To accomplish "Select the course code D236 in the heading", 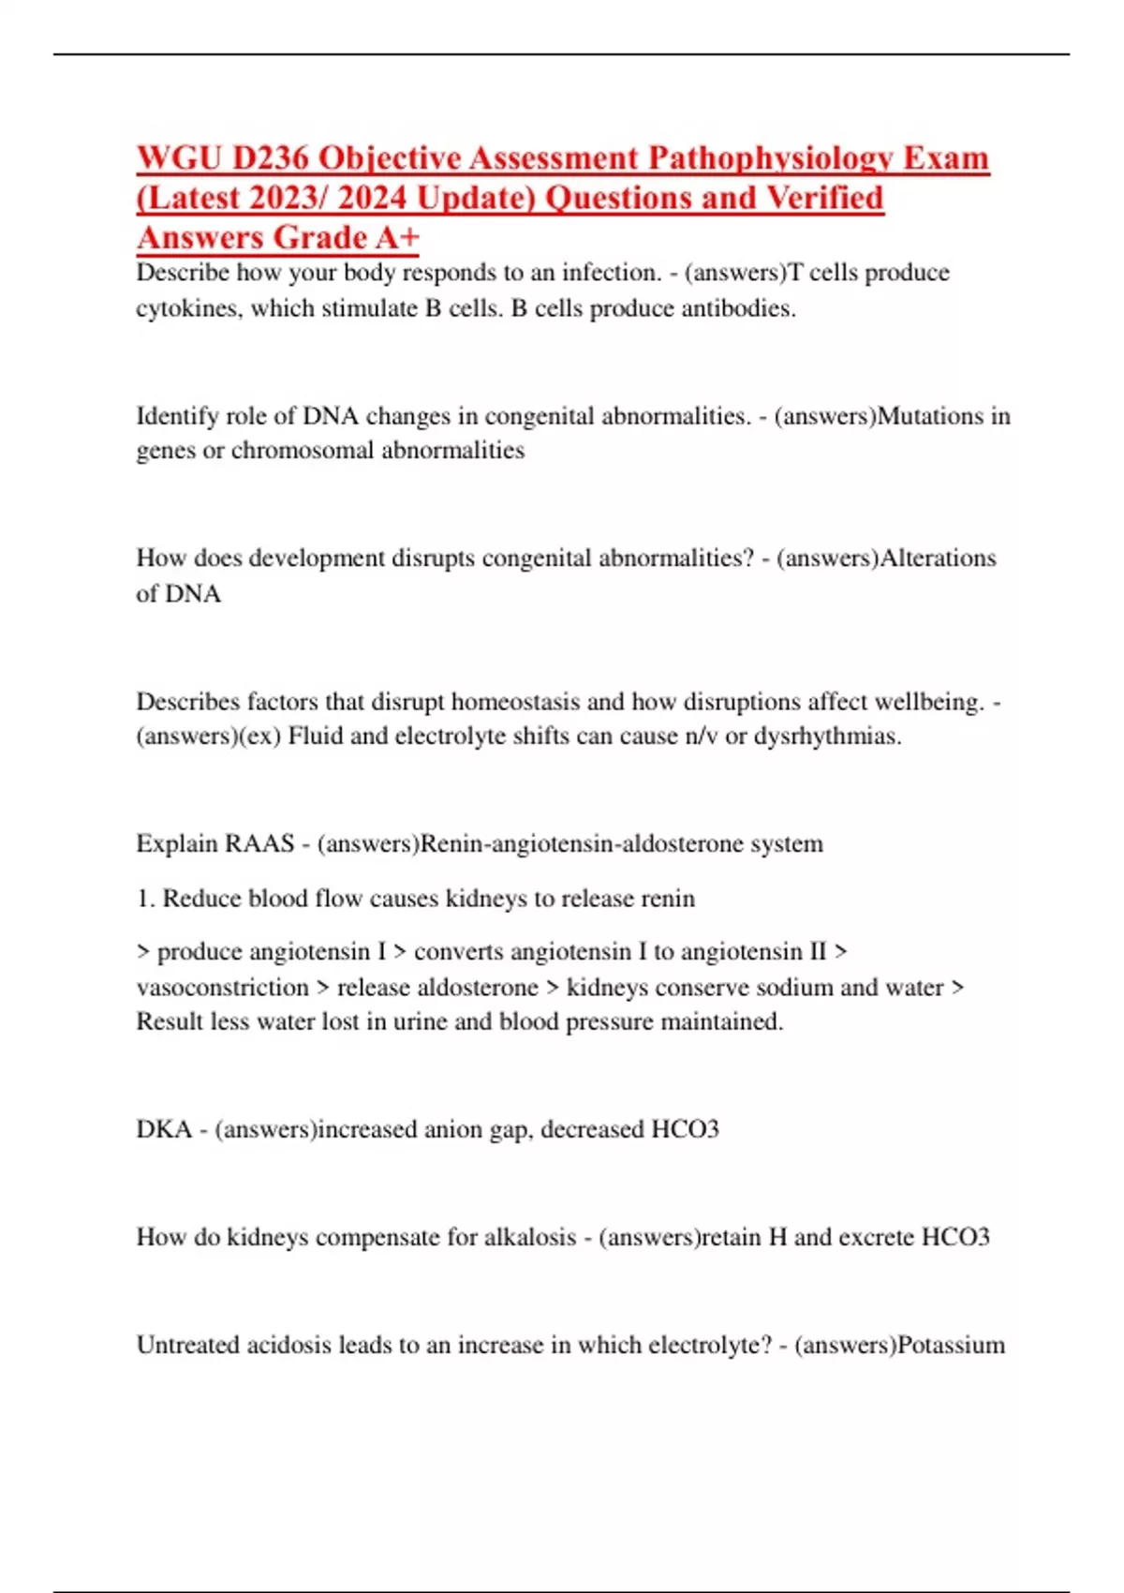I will pos(271,158).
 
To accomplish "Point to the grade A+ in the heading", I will pos(398,238).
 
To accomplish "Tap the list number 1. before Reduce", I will pos(145,899).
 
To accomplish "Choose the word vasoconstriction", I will pos(222,988).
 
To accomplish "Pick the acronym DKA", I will pos(164,1129).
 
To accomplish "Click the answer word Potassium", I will pos(951,1346).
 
